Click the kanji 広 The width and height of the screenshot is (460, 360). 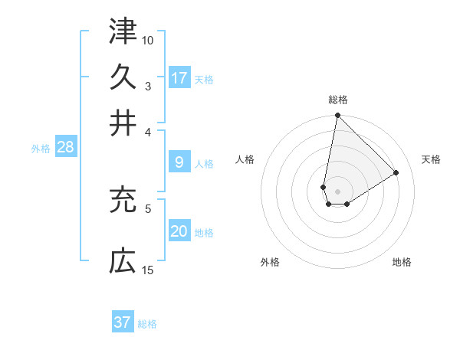point(123,262)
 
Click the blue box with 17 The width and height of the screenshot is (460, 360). point(179,77)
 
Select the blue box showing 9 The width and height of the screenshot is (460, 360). point(179,162)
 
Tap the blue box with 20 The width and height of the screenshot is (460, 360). point(179,232)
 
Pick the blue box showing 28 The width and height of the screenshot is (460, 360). point(65,148)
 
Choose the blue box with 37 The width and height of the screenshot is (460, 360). point(123,322)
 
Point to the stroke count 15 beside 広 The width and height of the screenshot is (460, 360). point(148,270)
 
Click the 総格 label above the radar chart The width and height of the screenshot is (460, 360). point(338,100)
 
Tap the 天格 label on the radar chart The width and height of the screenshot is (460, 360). point(431,159)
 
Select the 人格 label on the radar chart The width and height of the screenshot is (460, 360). point(245,159)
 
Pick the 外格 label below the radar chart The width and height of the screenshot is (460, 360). point(270,262)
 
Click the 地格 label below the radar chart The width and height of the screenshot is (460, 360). point(402,262)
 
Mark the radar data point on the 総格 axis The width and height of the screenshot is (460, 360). point(337,116)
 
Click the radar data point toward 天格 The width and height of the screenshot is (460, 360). point(396,172)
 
